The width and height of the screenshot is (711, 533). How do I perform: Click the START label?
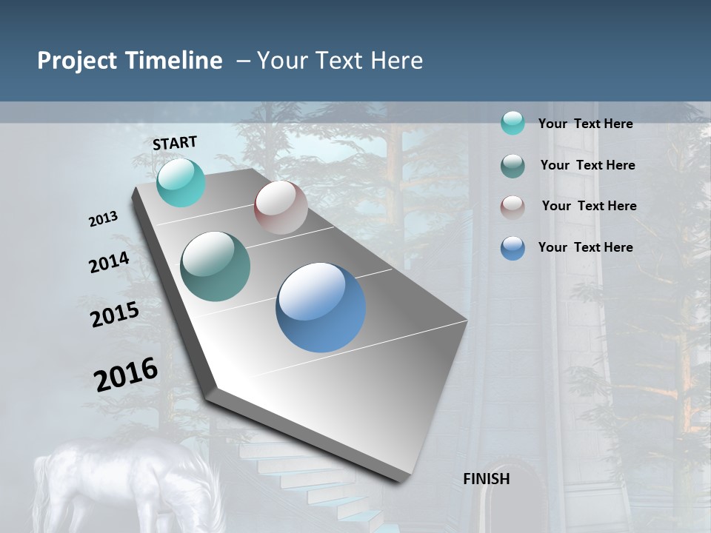(x=175, y=143)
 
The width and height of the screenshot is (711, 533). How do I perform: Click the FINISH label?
(x=486, y=479)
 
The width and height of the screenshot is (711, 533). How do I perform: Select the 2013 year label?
(x=104, y=218)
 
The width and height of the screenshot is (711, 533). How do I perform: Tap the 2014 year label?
(x=110, y=262)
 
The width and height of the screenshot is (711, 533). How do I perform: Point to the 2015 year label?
(x=115, y=314)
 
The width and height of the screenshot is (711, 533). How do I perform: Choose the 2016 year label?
(x=126, y=374)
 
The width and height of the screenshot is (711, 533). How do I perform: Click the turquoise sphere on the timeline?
(x=181, y=182)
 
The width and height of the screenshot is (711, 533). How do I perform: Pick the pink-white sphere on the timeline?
(x=281, y=207)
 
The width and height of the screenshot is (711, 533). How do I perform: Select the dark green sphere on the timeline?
(x=215, y=266)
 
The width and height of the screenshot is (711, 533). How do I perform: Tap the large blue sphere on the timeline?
(x=321, y=307)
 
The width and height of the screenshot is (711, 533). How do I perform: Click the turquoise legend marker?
(x=513, y=123)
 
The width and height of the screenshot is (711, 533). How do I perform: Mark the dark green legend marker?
(x=513, y=166)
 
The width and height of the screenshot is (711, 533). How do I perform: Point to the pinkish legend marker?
(x=513, y=207)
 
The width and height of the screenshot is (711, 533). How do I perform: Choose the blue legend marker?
(x=513, y=248)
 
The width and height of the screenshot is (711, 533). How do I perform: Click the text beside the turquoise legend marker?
(x=585, y=124)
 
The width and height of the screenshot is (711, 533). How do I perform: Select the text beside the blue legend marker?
(x=585, y=247)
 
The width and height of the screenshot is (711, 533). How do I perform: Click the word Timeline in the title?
(x=175, y=61)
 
